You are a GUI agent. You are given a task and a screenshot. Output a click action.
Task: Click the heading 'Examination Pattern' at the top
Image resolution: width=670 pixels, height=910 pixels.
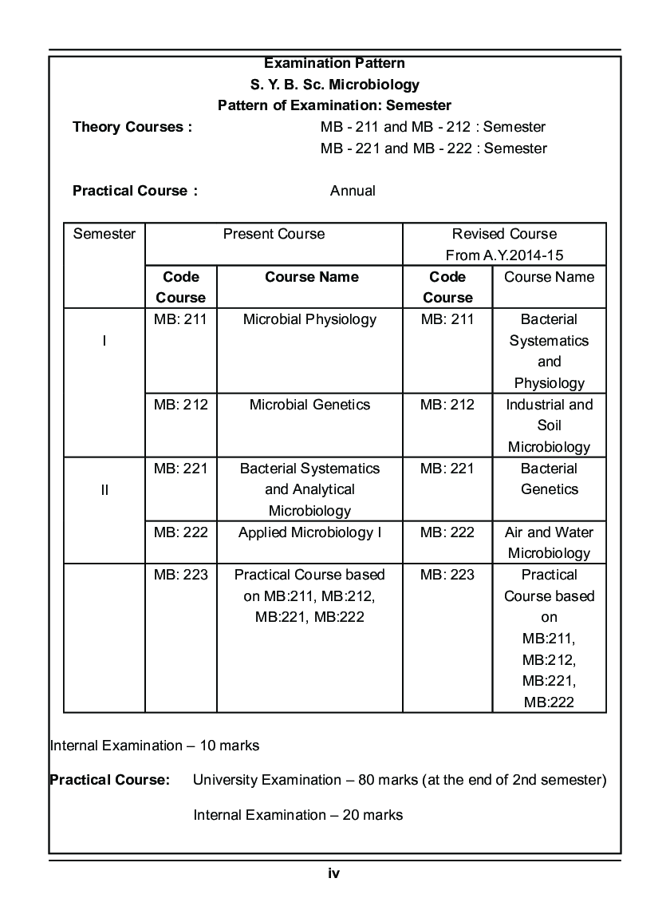[x=334, y=63]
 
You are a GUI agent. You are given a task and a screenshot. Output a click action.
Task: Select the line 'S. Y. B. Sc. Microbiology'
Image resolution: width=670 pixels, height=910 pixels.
[x=334, y=85]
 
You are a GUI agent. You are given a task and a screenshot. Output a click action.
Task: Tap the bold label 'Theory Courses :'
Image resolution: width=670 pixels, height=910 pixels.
[x=132, y=127]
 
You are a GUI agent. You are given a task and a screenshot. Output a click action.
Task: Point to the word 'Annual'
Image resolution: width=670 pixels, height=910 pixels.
[x=353, y=191]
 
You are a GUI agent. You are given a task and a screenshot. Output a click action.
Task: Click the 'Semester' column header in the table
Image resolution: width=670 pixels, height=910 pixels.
[x=104, y=234]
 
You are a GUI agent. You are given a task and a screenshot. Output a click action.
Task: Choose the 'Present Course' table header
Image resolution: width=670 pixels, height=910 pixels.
[x=274, y=234]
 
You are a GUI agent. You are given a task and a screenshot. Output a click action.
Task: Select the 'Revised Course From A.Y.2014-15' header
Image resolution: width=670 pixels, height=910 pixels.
[x=504, y=244]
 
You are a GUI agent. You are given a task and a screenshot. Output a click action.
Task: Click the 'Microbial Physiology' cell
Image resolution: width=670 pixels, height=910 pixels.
[x=309, y=319]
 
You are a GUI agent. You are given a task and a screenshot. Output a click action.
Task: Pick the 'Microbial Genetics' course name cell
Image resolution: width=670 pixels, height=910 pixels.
[x=309, y=405]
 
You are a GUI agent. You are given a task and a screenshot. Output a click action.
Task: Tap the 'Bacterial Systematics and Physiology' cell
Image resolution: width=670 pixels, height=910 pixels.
[x=549, y=351]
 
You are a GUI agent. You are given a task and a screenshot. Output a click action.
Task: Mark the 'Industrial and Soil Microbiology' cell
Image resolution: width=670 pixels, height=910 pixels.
[x=549, y=425]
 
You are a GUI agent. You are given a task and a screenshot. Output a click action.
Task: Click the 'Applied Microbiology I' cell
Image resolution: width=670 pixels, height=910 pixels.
[x=309, y=532]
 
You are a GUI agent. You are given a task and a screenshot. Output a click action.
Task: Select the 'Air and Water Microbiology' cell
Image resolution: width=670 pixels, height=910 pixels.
[x=549, y=543]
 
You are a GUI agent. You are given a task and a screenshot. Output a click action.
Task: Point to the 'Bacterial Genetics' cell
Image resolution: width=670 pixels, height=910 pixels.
[x=549, y=479]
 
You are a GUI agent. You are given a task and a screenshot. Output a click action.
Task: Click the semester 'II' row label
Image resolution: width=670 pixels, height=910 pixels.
[x=104, y=489]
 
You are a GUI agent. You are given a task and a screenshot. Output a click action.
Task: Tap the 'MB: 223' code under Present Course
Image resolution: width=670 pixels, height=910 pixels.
[x=181, y=575]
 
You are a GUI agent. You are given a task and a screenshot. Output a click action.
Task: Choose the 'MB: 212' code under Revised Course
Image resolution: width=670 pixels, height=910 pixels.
[x=447, y=405]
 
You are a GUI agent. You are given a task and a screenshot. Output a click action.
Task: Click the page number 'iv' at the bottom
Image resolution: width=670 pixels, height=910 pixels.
[x=334, y=873]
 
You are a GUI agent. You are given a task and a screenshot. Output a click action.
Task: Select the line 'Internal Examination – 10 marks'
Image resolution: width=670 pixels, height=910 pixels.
[x=155, y=746]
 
